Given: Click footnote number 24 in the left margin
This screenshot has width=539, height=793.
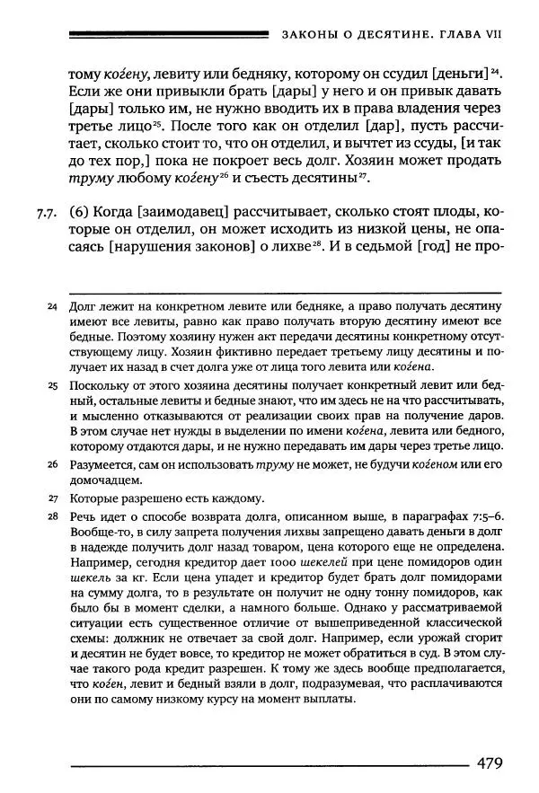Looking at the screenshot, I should tap(52, 307).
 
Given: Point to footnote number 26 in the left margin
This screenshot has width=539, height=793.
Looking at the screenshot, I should tap(52, 464).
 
